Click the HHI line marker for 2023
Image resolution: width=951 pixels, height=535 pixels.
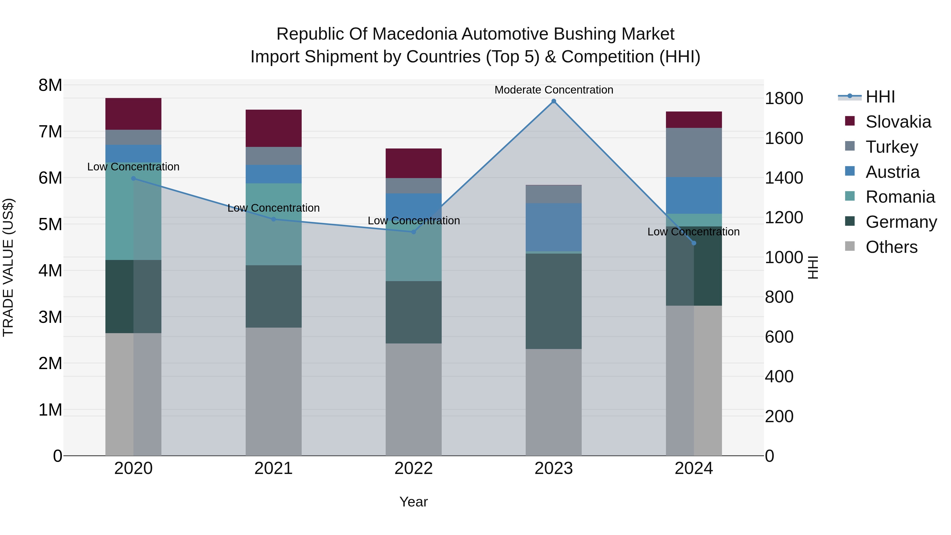[x=553, y=101]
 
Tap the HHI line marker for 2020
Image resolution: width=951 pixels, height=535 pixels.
[x=134, y=178]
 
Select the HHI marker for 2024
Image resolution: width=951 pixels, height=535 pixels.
[x=694, y=243]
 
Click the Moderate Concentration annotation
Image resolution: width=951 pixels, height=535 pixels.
[x=553, y=90]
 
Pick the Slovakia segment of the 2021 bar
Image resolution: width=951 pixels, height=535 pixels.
[x=274, y=128]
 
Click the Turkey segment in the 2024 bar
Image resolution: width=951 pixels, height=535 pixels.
[x=694, y=152]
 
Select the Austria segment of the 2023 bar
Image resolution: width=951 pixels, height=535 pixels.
[x=553, y=227]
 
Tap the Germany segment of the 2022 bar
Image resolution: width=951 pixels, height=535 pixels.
[x=413, y=312]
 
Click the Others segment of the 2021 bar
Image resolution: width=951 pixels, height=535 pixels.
[x=274, y=391]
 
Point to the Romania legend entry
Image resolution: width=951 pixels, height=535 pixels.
[x=900, y=197]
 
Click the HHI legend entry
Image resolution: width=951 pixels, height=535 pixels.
[x=880, y=97]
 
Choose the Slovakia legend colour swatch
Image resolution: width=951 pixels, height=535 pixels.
[x=850, y=121]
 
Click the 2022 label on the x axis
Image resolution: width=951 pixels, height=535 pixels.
[x=413, y=468]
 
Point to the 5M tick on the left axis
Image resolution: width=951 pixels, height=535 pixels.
[x=50, y=224]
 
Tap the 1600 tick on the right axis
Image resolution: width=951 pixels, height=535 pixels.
[x=784, y=138]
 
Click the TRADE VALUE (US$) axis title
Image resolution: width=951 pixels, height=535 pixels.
[x=8, y=267]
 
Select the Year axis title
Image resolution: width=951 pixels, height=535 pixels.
[x=413, y=502]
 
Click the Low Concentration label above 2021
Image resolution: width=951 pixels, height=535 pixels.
[x=274, y=208]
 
